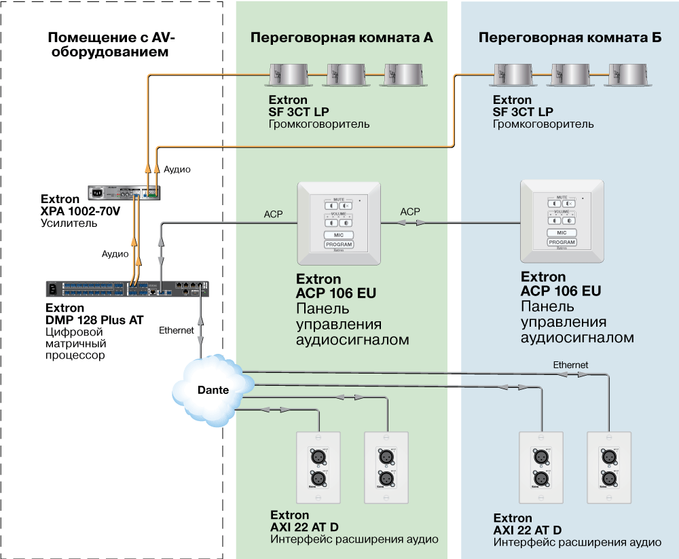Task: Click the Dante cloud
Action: [x=211, y=391]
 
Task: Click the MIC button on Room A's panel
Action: [x=339, y=234]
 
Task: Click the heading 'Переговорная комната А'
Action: [x=342, y=38]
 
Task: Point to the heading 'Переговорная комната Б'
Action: [x=570, y=38]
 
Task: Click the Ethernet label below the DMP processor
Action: [x=177, y=330]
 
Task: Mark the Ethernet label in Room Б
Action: [x=570, y=365]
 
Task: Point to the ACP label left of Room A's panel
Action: [x=274, y=214]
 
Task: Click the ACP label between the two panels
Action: [x=410, y=212]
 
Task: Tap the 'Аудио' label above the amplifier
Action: [x=177, y=168]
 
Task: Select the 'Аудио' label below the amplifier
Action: [x=115, y=254]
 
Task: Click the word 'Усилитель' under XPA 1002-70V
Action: [x=69, y=223]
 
